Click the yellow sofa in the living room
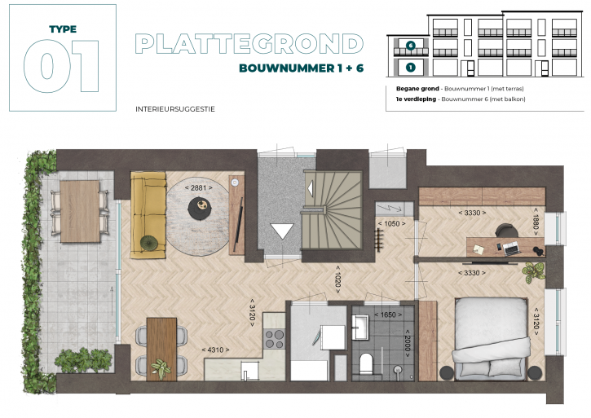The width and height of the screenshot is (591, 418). click(x=148, y=215)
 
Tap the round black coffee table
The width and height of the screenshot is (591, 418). click(x=200, y=209)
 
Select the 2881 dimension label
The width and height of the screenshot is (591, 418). click(x=199, y=187)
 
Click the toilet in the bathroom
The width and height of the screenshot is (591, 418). click(x=365, y=363)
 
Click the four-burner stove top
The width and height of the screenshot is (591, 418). click(x=275, y=338)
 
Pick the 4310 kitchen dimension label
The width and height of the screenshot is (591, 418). click(x=215, y=350)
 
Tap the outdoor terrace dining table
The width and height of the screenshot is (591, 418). click(x=80, y=212)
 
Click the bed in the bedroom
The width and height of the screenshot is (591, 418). click(x=491, y=338)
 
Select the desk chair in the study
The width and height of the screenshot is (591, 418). click(x=504, y=231)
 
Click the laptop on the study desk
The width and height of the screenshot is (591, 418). click(x=512, y=249)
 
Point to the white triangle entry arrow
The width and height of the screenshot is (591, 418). click(x=282, y=231)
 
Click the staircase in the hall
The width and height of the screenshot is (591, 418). click(x=332, y=210)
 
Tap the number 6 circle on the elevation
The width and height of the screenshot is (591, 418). click(x=411, y=46)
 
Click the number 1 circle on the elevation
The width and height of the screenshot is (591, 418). click(x=411, y=68)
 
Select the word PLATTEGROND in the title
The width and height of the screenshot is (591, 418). click(x=249, y=44)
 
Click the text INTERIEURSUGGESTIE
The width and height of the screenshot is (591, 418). click(x=175, y=109)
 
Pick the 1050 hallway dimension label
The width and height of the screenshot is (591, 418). click(x=391, y=223)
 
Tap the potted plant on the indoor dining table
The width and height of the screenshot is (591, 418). click(x=161, y=368)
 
